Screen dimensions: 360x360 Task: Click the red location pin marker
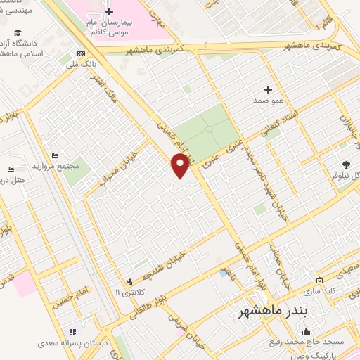pos(181,165)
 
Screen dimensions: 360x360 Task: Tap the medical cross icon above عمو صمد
pos(267,89)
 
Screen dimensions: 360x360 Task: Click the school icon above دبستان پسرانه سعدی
pos(72,332)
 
